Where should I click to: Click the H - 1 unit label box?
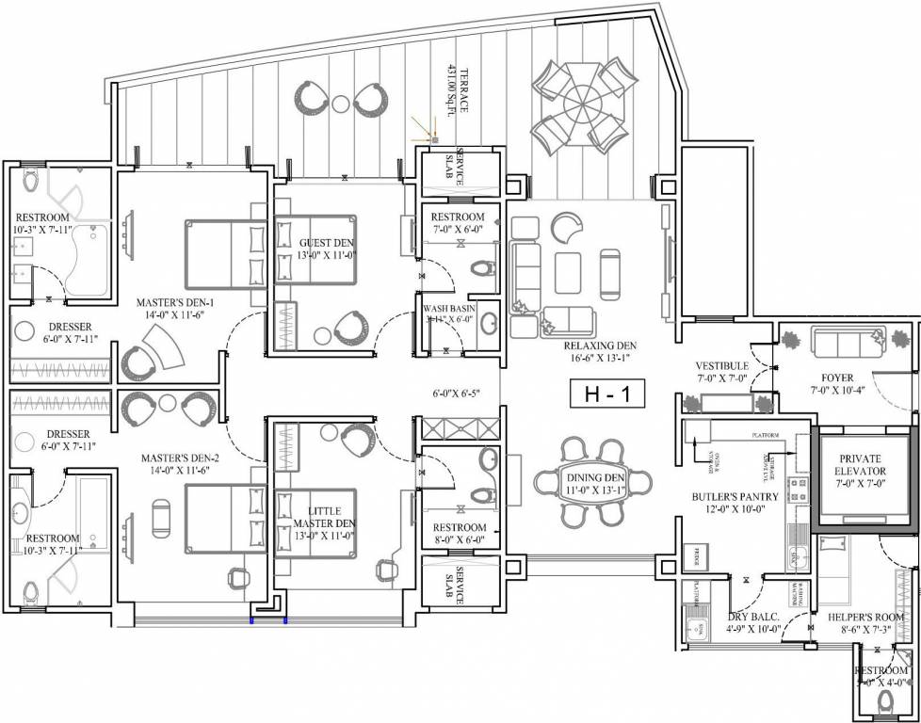(607, 394)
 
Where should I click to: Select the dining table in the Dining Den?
(593, 483)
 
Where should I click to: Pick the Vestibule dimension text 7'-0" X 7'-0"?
(721, 378)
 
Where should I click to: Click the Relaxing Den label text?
(587, 344)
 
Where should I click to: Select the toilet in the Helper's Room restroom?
(883, 700)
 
